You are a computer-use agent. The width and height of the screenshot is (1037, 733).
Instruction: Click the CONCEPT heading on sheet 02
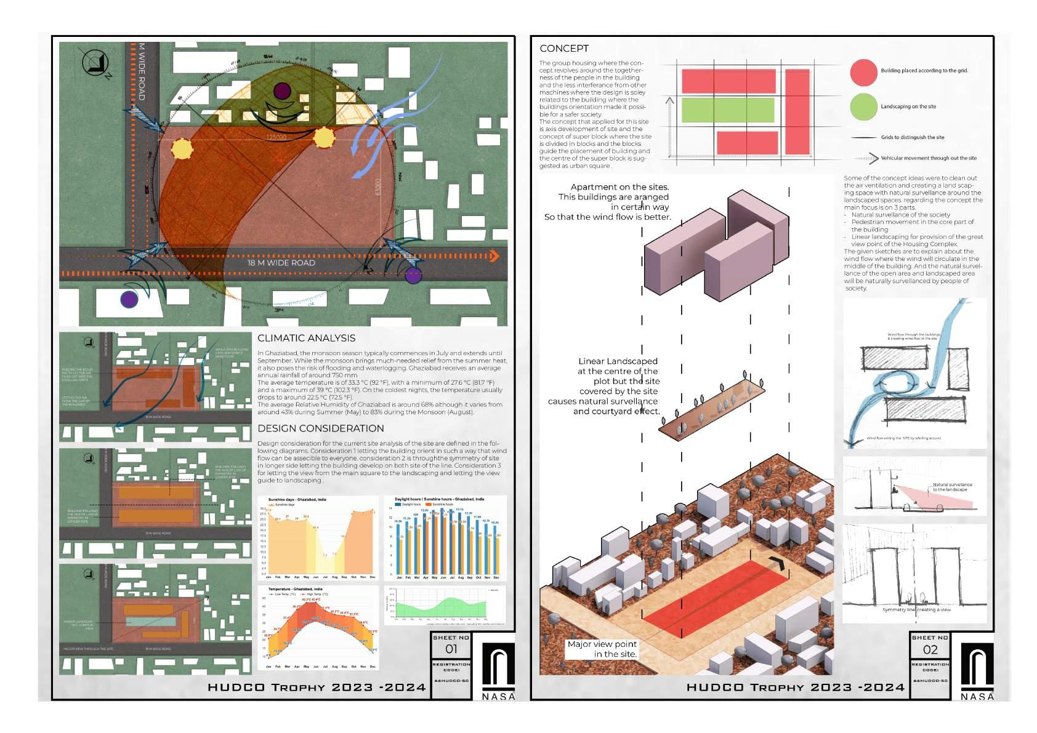563,49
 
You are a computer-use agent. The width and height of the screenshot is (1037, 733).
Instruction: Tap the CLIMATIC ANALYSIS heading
306,338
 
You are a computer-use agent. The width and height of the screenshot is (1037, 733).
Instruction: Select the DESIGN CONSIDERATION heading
320,428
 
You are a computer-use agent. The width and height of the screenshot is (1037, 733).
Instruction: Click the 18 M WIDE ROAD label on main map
281,263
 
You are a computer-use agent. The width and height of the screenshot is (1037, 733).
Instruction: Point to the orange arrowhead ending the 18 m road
493,256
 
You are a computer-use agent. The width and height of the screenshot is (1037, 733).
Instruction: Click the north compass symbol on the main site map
95,63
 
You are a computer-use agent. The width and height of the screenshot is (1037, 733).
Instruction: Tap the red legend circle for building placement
863,72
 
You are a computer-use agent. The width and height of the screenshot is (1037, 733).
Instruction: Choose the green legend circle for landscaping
863,106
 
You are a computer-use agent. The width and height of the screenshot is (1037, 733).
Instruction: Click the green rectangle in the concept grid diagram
727,110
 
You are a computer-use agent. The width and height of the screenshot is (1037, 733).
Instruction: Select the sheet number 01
451,649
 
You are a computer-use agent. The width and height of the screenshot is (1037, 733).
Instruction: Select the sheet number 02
930,649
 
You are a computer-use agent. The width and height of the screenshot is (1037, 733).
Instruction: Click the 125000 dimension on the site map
275,138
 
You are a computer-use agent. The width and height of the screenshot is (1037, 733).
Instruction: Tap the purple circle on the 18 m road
413,276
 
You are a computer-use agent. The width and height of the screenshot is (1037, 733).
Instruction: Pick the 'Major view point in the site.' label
602,649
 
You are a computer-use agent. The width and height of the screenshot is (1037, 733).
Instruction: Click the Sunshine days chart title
297,500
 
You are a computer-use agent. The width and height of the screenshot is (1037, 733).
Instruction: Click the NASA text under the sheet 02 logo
977,697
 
